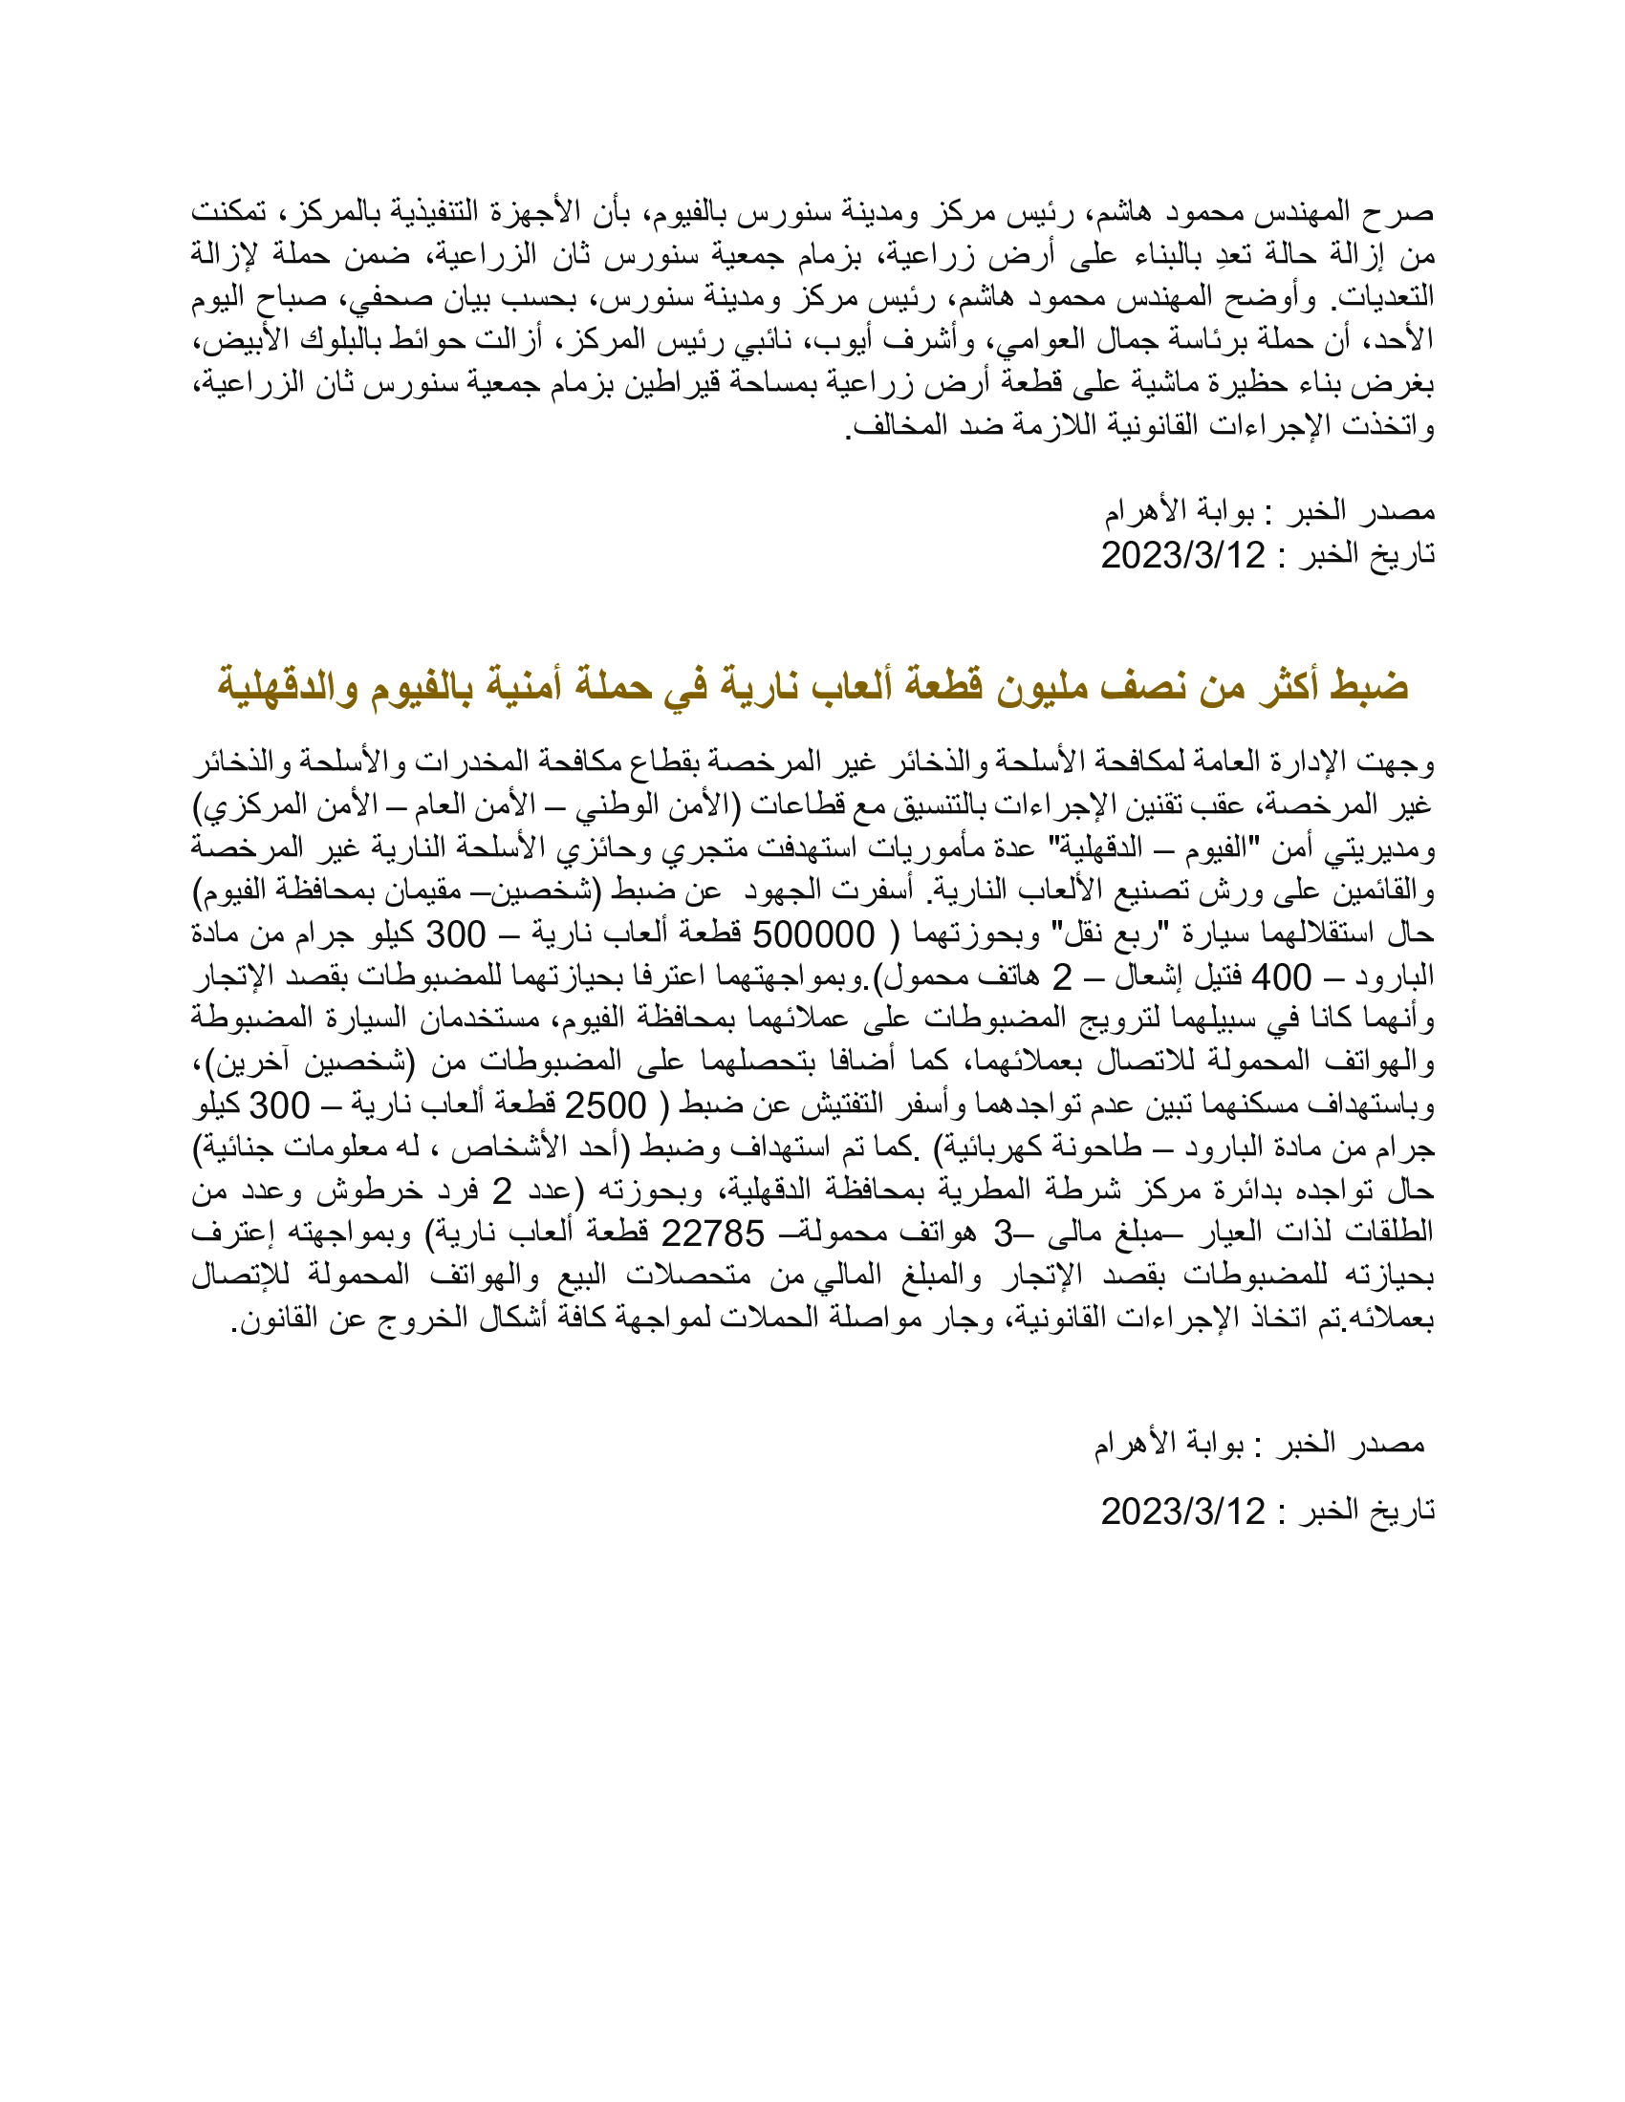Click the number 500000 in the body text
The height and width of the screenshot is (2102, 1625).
[x=812, y=933]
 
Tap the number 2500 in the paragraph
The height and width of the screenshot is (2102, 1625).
[x=604, y=1105]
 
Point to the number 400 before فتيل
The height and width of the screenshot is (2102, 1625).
[x=1280, y=976]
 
